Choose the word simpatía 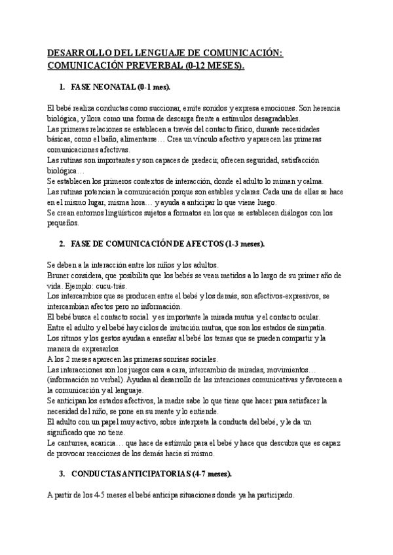(x=315, y=327)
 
